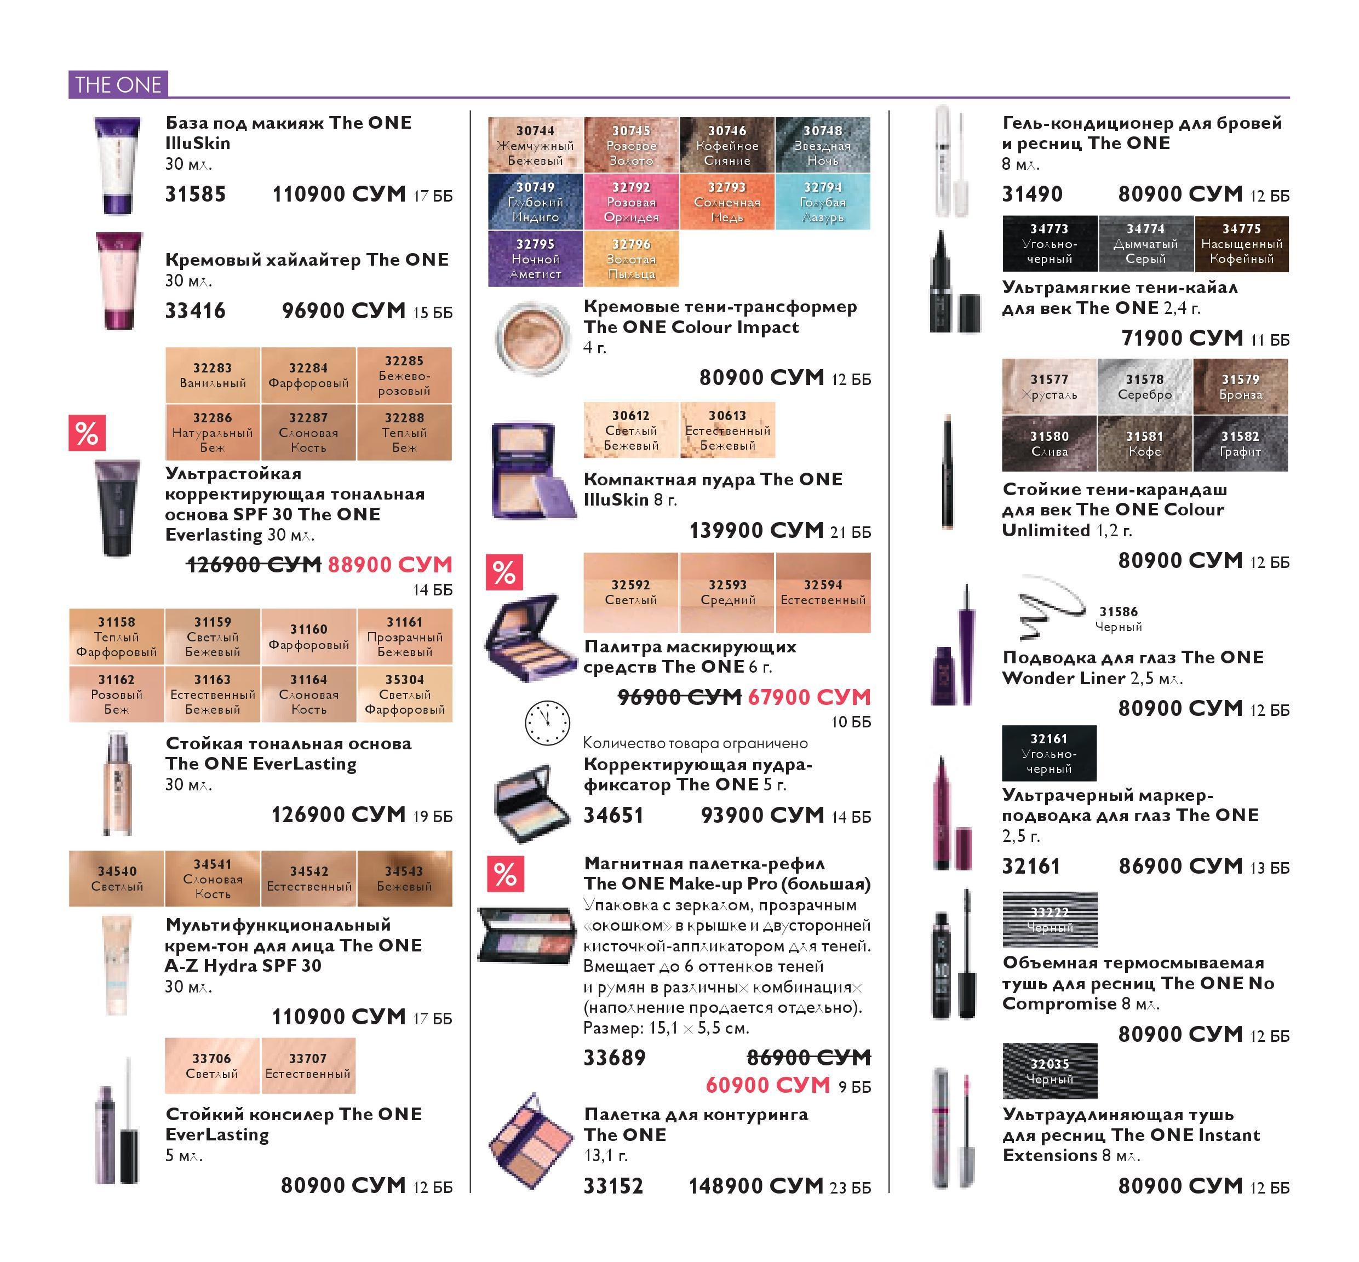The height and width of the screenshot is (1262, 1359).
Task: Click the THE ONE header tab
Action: (x=118, y=85)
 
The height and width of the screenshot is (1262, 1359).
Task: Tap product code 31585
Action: (x=196, y=194)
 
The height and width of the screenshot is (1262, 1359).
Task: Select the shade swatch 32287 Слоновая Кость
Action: (x=309, y=432)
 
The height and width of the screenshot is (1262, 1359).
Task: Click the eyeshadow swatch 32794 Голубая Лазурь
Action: (x=823, y=202)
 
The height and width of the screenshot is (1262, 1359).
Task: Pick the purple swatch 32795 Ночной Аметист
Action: (x=535, y=259)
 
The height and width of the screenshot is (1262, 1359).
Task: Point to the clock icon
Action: (x=547, y=723)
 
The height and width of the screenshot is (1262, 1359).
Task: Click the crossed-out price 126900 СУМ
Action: (x=254, y=565)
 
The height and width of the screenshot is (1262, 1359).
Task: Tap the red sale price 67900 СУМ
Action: (x=809, y=697)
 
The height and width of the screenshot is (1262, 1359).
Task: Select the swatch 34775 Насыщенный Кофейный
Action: (x=1242, y=244)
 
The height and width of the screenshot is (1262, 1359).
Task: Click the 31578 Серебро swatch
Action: (x=1145, y=387)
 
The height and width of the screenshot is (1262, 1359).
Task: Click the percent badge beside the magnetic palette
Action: (x=506, y=874)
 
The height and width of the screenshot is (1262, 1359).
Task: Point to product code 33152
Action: (x=613, y=1186)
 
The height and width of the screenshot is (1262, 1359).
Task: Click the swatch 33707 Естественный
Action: (x=308, y=1066)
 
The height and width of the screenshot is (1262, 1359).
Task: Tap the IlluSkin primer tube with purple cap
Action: (x=117, y=166)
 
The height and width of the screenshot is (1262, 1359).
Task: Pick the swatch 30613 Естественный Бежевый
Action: (x=728, y=430)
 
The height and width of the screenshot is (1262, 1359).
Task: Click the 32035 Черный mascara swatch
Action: (x=1050, y=1071)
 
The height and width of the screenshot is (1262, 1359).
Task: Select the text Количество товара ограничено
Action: (x=695, y=743)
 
